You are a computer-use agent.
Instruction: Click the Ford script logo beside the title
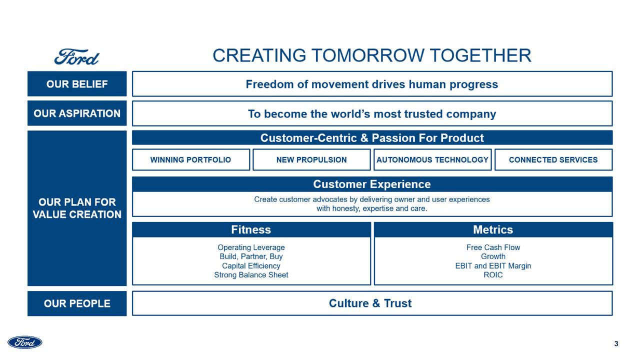76,57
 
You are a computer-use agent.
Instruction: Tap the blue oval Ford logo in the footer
25,342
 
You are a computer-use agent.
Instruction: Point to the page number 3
616,344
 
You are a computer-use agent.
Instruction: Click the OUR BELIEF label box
77,84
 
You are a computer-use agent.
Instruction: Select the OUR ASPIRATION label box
77,113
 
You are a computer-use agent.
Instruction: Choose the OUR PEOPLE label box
77,303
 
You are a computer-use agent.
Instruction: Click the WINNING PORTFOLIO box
190,160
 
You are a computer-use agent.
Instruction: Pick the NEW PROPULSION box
311,160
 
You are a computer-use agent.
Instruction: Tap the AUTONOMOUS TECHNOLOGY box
432,160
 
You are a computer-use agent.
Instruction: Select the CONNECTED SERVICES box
553,160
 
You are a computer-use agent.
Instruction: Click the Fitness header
251,230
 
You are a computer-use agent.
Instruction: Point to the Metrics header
493,230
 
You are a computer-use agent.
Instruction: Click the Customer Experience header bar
372,184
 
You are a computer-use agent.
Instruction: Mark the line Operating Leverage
251,247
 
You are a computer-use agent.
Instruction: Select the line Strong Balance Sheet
251,275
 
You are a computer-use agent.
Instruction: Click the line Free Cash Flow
493,247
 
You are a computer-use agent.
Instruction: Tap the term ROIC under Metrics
493,275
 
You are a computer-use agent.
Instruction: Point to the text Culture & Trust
370,303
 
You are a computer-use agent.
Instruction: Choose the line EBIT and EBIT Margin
493,266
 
